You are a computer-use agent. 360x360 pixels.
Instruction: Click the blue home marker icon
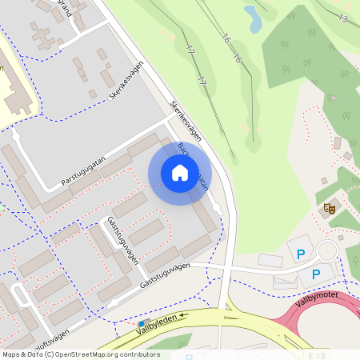(x=179, y=173)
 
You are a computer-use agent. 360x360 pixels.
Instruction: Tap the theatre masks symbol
(x=328, y=210)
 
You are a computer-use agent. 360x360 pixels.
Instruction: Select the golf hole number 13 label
(x=342, y=18)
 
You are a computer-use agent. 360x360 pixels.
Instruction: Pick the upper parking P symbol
(x=301, y=255)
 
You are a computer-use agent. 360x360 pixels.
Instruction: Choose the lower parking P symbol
(x=316, y=274)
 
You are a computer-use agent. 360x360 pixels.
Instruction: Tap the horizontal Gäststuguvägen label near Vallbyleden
(x=166, y=274)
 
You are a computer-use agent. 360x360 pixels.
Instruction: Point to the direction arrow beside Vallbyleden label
(x=183, y=315)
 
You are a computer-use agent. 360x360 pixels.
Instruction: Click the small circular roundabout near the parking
(x=327, y=251)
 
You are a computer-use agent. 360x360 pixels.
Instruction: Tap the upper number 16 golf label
(x=226, y=39)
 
